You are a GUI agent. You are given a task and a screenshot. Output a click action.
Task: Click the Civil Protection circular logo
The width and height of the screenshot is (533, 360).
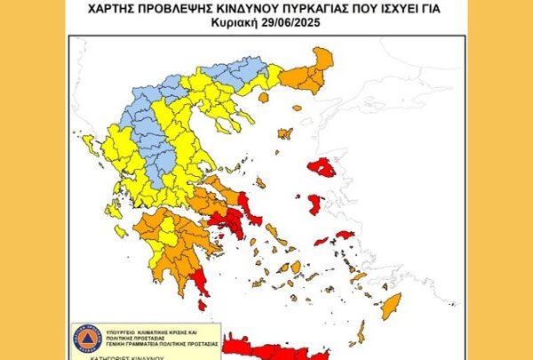(x=85, y=339)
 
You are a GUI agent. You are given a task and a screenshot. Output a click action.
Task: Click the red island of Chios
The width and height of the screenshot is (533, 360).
(x=314, y=204)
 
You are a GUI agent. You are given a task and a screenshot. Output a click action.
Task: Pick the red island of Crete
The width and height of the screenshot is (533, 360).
(x=266, y=347)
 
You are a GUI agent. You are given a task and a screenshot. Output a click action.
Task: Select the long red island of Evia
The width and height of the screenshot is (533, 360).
(x=243, y=205)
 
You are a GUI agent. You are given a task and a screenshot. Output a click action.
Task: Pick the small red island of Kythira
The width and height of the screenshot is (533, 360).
(x=202, y=305)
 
